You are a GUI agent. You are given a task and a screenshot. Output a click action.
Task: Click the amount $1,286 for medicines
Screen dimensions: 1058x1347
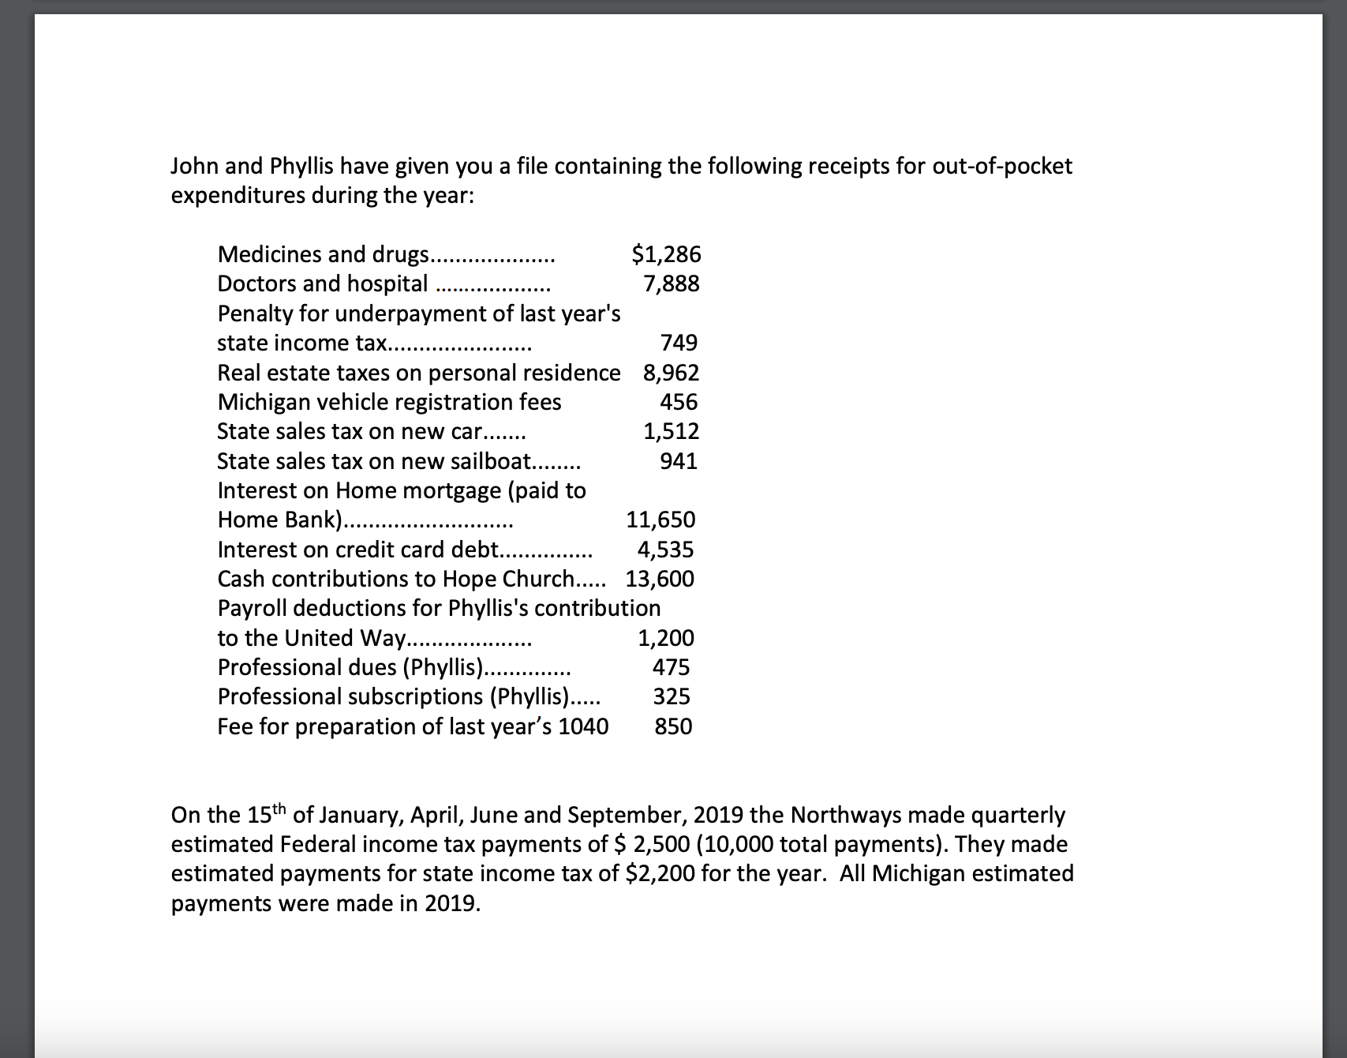tap(666, 254)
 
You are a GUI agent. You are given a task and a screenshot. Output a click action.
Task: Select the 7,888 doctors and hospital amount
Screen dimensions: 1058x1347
tap(672, 283)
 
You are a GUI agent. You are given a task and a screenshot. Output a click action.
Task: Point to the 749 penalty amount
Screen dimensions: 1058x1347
tap(679, 343)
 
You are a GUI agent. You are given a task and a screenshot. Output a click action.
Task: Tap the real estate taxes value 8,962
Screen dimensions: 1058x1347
tap(671, 372)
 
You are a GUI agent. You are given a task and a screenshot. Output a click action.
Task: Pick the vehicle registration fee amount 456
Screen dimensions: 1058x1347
tap(679, 402)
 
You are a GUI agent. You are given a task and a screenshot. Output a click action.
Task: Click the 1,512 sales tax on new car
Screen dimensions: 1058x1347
tap(671, 431)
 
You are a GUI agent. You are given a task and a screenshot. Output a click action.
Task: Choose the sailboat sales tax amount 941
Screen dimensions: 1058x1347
tap(679, 461)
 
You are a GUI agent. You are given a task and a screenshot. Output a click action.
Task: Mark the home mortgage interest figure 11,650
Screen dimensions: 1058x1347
tap(660, 520)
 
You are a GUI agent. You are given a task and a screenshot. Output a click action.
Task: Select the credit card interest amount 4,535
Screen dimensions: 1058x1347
tap(665, 550)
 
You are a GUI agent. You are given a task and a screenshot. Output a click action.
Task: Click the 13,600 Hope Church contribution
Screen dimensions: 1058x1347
tap(660, 579)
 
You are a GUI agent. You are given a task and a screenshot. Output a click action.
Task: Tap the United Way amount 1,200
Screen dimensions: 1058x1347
tap(666, 638)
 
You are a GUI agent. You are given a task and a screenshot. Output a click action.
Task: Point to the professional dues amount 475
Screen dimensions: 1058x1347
tap(671, 667)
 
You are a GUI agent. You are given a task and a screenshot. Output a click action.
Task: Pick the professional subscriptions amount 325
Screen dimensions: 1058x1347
tap(671, 696)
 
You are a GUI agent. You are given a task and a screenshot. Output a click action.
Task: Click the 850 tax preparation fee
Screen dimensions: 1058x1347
tap(673, 726)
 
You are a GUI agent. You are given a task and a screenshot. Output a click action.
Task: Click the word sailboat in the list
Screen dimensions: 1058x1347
tap(489, 461)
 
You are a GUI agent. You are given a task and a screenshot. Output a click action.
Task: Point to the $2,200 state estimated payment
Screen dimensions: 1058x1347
tap(660, 873)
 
